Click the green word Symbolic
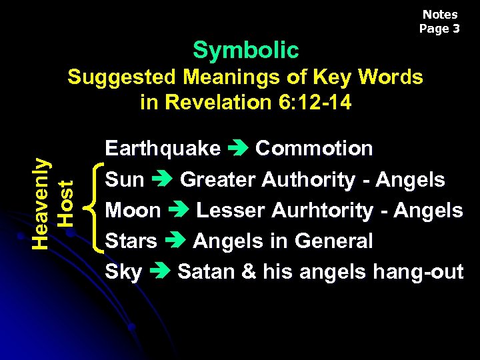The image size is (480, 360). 246,50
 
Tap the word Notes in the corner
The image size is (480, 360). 440,14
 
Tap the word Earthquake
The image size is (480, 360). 163,148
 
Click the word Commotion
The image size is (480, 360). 314,148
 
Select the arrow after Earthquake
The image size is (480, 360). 238,149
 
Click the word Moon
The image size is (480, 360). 133,211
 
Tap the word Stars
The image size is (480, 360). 131,241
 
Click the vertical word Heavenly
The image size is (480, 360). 41,203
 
